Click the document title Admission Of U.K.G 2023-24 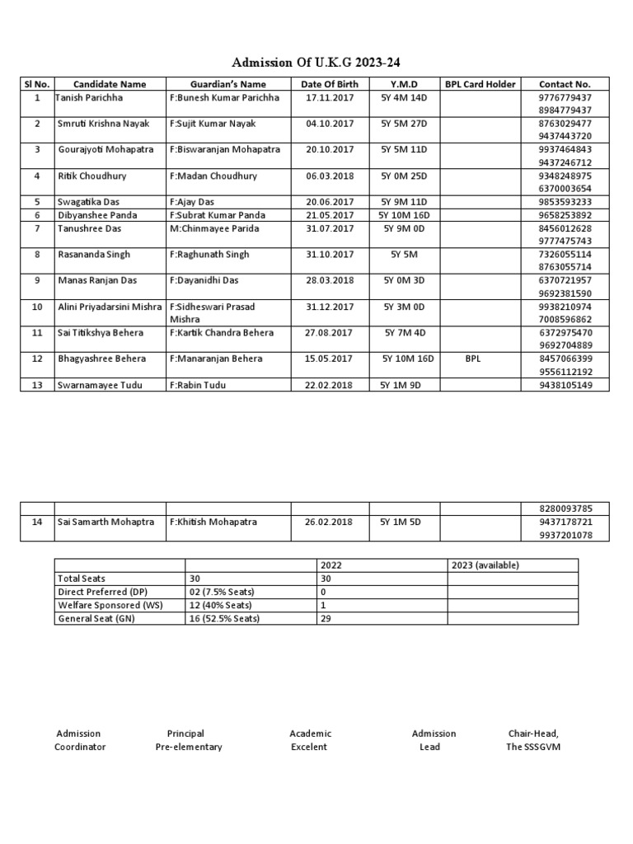pyautogui.click(x=316, y=63)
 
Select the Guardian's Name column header pyautogui.click(x=228, y=84)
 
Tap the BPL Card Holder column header pyautogui.click(x=480, y=84)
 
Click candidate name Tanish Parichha pyautogui.click(x=88, y=97)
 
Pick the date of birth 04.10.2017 pyautogui.click(x=329, y=124)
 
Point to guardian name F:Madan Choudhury pyautogui.click(x=213, y=176)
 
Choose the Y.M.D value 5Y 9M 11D pyautogui.click(x=404, y=202)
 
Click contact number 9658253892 pyautogui.click(x=565, y=215)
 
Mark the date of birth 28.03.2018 pyautogui.click(x=329, y=280)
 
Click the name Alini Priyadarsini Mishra pyautogui.click(x=110, y=307)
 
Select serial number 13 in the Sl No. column pyautogui.click(x=37, y=385)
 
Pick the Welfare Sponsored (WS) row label pyautogui.click(x=110, y=606)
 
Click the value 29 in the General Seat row pyautogui.click(x=325, y=619)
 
